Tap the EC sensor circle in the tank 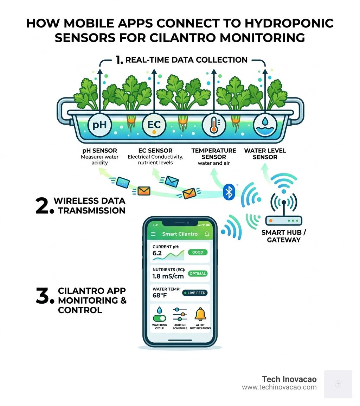(x=154, y=125)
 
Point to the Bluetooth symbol (x=229, y=192)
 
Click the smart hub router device (x=283, y=221)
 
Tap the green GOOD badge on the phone (x=198, y=252)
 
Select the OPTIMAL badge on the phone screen (x=198, y=273)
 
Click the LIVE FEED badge (x=195, y=293)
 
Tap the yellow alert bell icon (x=200, y=313)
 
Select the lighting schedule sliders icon (x=180, y=314)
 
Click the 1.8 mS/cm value (x=168, y=277)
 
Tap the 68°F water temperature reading (x=159, y=296)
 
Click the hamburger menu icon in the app (x=153, y=234)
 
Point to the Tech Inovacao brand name (x=289, y=379)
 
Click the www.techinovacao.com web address (x=279, y=387)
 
